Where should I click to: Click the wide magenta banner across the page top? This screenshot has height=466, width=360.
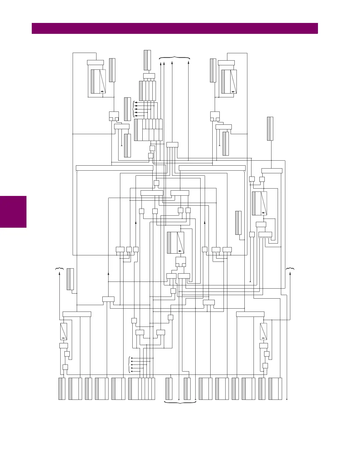(175, 29)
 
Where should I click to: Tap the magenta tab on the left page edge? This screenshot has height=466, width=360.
(13, 212)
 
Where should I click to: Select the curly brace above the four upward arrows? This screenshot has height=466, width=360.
(174, 58)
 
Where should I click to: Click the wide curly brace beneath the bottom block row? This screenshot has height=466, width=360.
(180, 402)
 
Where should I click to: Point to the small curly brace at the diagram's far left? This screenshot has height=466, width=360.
(59, 269)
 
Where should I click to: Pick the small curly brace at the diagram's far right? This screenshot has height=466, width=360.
(290, 269)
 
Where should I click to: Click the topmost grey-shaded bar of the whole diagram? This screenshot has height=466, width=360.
(147, 60)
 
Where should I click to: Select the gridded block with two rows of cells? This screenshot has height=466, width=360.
(149, 130)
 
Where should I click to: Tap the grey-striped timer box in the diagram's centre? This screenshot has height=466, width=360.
(176, 243)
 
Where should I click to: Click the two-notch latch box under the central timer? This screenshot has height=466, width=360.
(181, 261)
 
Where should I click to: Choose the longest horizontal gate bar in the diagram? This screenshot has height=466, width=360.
(114, 168)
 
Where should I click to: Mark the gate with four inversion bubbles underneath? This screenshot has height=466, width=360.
(265, 235)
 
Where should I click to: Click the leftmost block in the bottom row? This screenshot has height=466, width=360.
(62, 389)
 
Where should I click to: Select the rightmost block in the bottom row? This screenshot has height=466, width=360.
(275, 389)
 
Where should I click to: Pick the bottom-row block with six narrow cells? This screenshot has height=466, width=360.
(141, 389)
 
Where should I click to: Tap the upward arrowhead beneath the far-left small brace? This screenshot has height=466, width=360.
(60, 274)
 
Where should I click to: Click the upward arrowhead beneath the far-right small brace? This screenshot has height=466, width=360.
(290, 274)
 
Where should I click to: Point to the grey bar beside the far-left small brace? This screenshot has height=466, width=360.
(70, 279)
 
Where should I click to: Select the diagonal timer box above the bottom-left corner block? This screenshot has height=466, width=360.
(64, 331)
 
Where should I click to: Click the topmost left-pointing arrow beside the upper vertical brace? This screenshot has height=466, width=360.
(136, 102)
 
